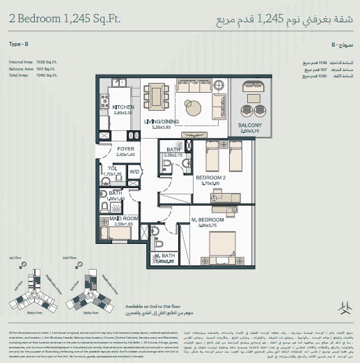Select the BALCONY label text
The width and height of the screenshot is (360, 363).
pyautogui.click(x=249, y=125)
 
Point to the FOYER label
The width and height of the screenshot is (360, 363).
pyautogui.click(x=125, y=149)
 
